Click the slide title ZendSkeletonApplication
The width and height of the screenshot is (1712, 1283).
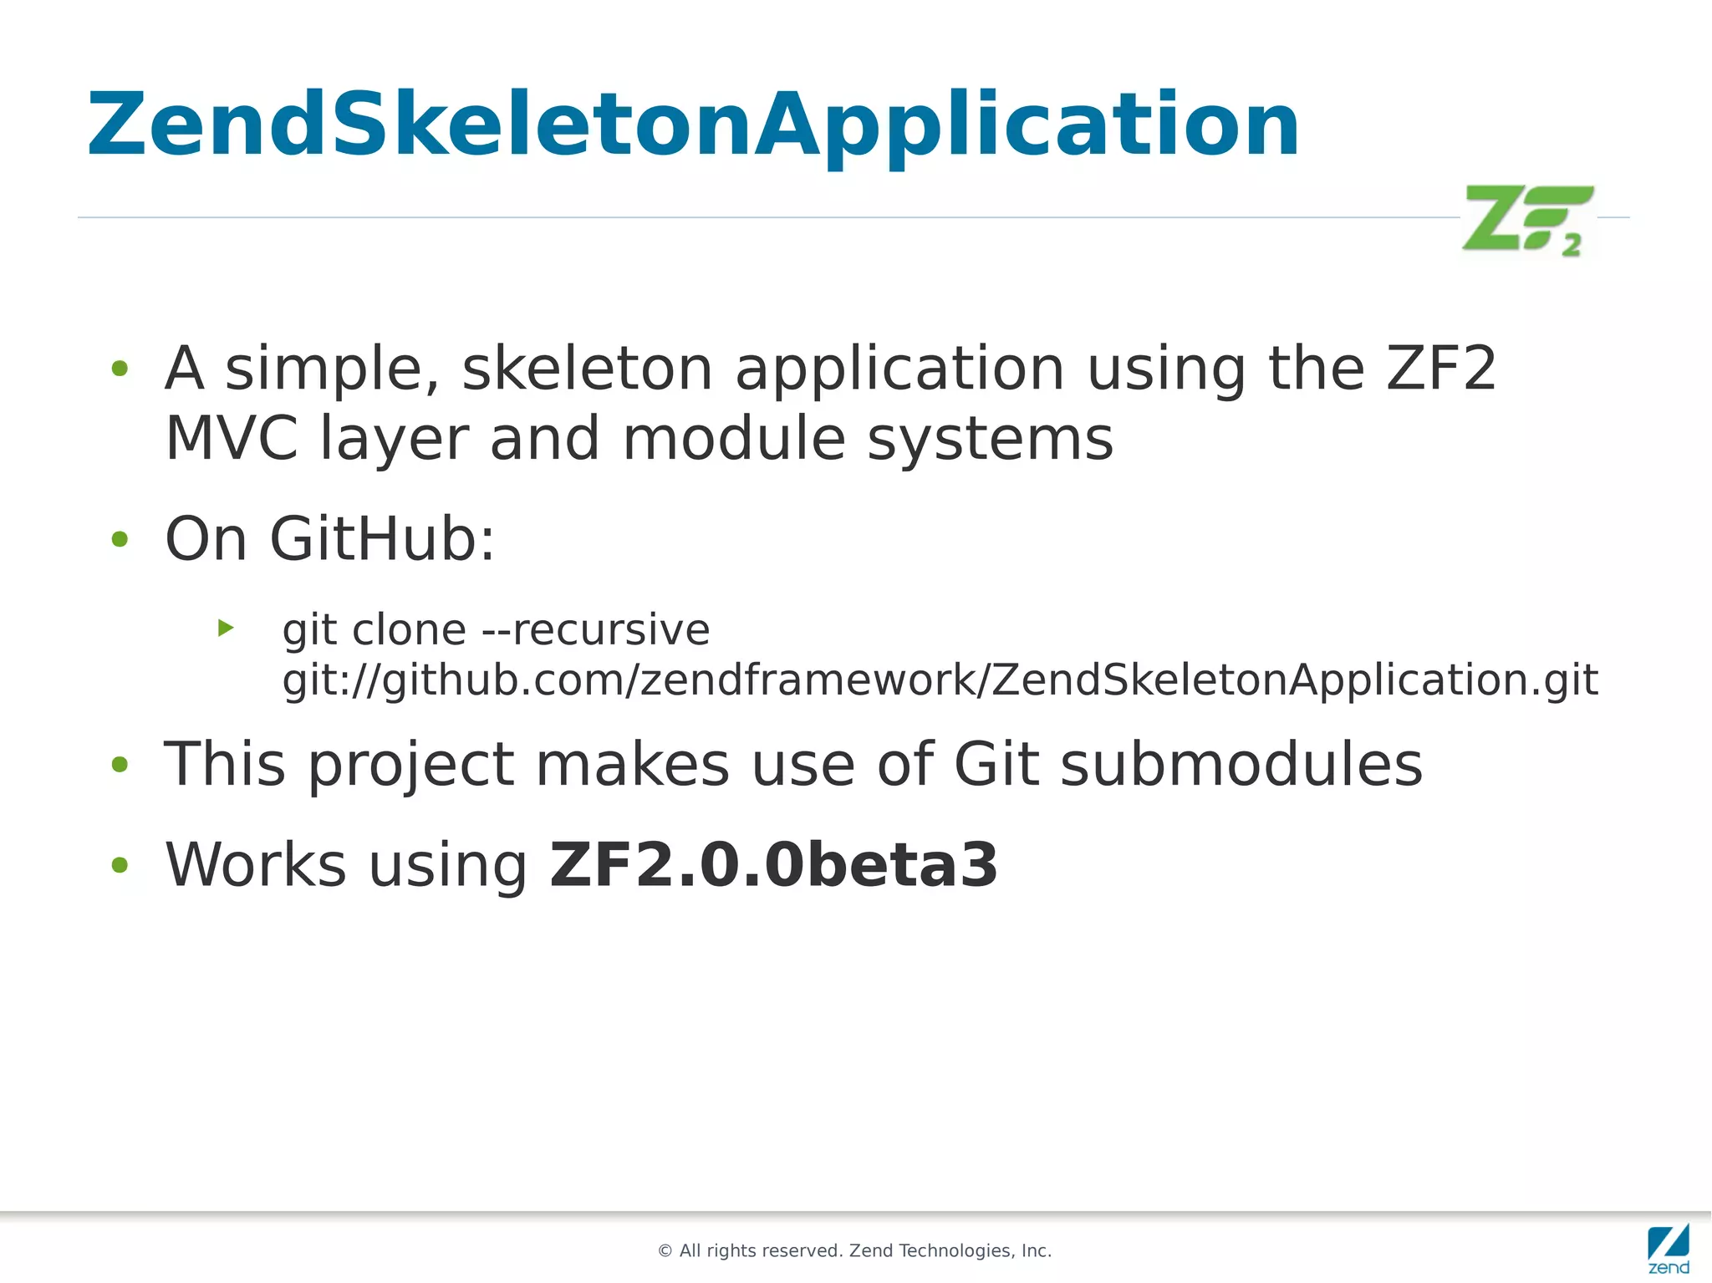pos(692,125)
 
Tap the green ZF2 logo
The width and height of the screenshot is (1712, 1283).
pos(1527,219)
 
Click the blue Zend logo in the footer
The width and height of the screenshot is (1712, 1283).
pos(1668,1248)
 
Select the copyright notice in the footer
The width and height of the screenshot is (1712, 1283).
pos(854,1250)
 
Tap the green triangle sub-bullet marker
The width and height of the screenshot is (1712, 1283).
pos(225,628)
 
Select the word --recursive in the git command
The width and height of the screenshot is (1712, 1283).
pos(596,629)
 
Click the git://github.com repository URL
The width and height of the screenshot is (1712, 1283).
pos(940,680)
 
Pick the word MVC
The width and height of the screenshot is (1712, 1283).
pos(232,439)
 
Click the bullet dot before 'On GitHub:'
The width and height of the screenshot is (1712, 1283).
pos(120,540)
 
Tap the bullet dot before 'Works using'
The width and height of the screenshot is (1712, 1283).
pos(120,866)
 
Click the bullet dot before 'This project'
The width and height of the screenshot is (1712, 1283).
pos(120,765)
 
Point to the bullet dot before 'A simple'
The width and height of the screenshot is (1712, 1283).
pos(120,369)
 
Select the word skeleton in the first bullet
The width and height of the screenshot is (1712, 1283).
pos(587,369)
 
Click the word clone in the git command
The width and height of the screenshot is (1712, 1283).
pos(409,629)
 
